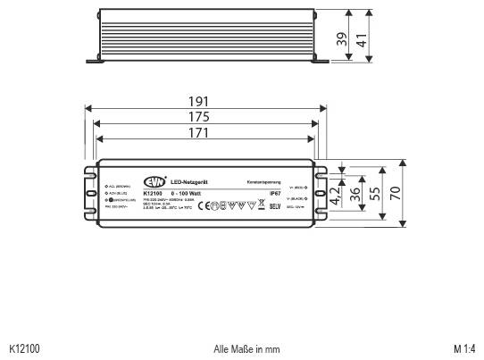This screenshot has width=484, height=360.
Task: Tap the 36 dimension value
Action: pos(355,192)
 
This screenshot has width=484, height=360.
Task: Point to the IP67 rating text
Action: pos(276,192)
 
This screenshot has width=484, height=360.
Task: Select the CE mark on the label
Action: pos(203,205)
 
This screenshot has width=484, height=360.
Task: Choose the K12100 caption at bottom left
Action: pos(24,349)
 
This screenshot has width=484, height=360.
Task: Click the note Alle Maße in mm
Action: pos(246,349)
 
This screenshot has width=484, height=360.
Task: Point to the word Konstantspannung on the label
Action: pos(265,182)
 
